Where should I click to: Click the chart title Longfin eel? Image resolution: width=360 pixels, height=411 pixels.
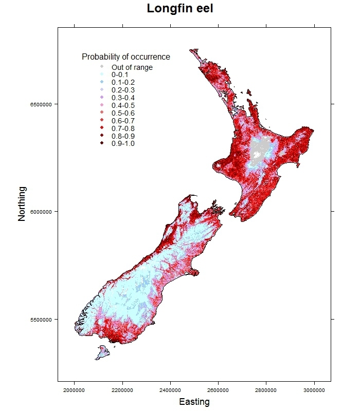click(179, 9)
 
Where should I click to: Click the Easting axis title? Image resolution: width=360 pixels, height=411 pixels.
click(194, 402)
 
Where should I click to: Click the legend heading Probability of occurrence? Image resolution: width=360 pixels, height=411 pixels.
click(126, 57)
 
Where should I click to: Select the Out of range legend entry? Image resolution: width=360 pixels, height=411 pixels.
click(132, 67)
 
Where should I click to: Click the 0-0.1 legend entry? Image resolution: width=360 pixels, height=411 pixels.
click(120, 75)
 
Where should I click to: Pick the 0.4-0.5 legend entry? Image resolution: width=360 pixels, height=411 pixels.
click(123, 105)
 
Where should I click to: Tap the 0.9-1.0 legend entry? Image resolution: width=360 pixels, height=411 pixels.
click(123, 143)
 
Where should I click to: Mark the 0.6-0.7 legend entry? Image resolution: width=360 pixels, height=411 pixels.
click(123, 121)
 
